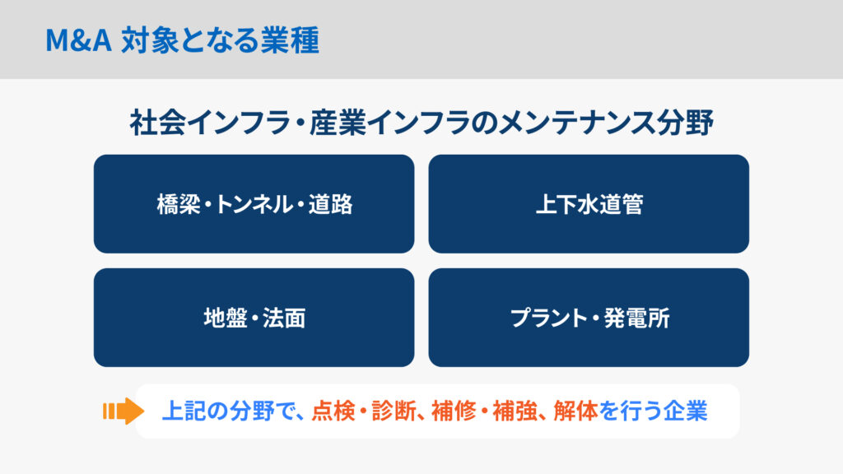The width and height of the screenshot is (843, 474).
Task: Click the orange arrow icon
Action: (x=123, y=411)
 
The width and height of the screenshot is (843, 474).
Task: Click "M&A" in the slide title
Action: (x=78, y=40)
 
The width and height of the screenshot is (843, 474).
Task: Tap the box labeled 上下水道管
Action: (x=589, y=204)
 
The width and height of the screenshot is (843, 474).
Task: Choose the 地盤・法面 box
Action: (x=254, y=318)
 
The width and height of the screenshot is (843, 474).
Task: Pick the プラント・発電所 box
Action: (x=589, y=318)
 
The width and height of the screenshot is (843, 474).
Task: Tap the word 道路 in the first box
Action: (x=330, y=205)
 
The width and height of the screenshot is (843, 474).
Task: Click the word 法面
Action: (x=284, y=318)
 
